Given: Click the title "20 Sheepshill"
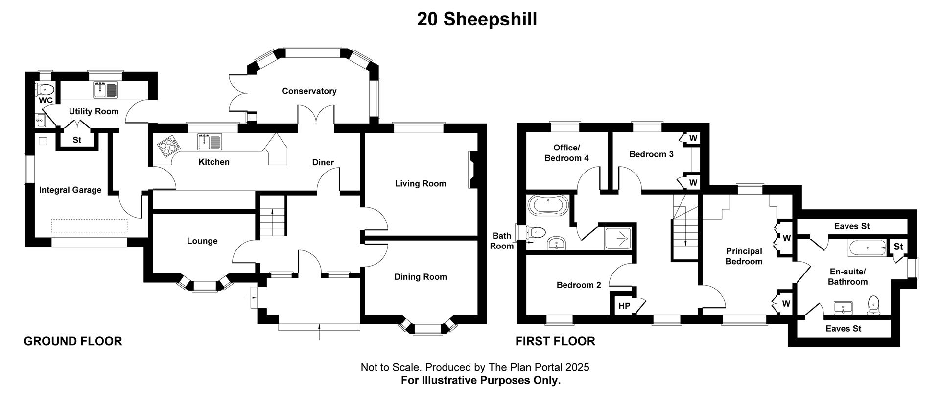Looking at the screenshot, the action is [477, 19].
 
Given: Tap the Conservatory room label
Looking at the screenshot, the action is [309, 91].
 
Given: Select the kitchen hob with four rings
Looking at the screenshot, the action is [168, 145].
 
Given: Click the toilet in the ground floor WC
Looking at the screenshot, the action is [45, 89].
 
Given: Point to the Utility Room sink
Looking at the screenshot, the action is [105, 89].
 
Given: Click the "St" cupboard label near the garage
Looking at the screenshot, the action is [77, 140].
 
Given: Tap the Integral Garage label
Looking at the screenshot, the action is [70, 190].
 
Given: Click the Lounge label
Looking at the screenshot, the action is [202, 241].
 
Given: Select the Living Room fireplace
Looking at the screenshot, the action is [473, 170].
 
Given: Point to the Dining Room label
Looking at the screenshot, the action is [421, 277].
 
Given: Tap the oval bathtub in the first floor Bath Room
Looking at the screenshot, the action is [548, 205].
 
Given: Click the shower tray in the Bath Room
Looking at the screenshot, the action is [619, 239].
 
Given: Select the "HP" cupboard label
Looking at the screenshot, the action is [624, 306].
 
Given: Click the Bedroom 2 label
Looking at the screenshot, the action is [579, 285].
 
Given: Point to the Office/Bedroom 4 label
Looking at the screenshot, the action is [566, 153].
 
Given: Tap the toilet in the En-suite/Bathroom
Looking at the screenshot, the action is [873, 305].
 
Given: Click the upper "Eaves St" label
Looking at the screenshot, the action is [852, 226].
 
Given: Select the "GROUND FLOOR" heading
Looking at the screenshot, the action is [73, 341].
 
